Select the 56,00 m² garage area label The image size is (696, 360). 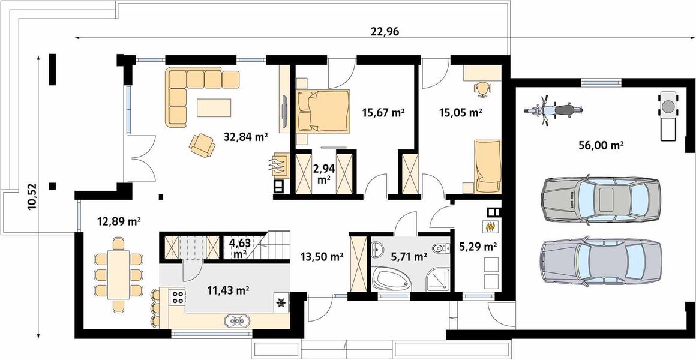601,145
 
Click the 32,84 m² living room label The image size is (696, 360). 245,137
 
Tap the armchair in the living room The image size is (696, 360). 202,145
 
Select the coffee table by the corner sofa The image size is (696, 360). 214,107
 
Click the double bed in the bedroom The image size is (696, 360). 323,110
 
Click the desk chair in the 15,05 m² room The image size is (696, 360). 483,88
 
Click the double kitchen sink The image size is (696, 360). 236,320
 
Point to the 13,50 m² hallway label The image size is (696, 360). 321,256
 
